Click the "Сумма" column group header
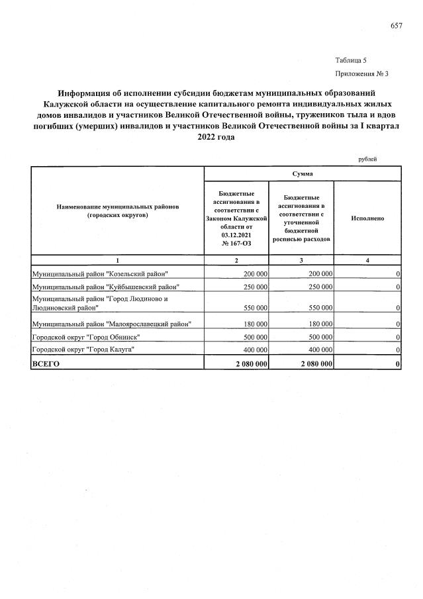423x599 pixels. [x=302, y=173]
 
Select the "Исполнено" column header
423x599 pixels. [x=367, y=218]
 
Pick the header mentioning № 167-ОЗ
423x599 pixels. [x=236, y=217]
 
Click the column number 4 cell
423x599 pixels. [x=367, y=260]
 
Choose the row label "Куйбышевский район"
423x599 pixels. [x=106, y=286]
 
